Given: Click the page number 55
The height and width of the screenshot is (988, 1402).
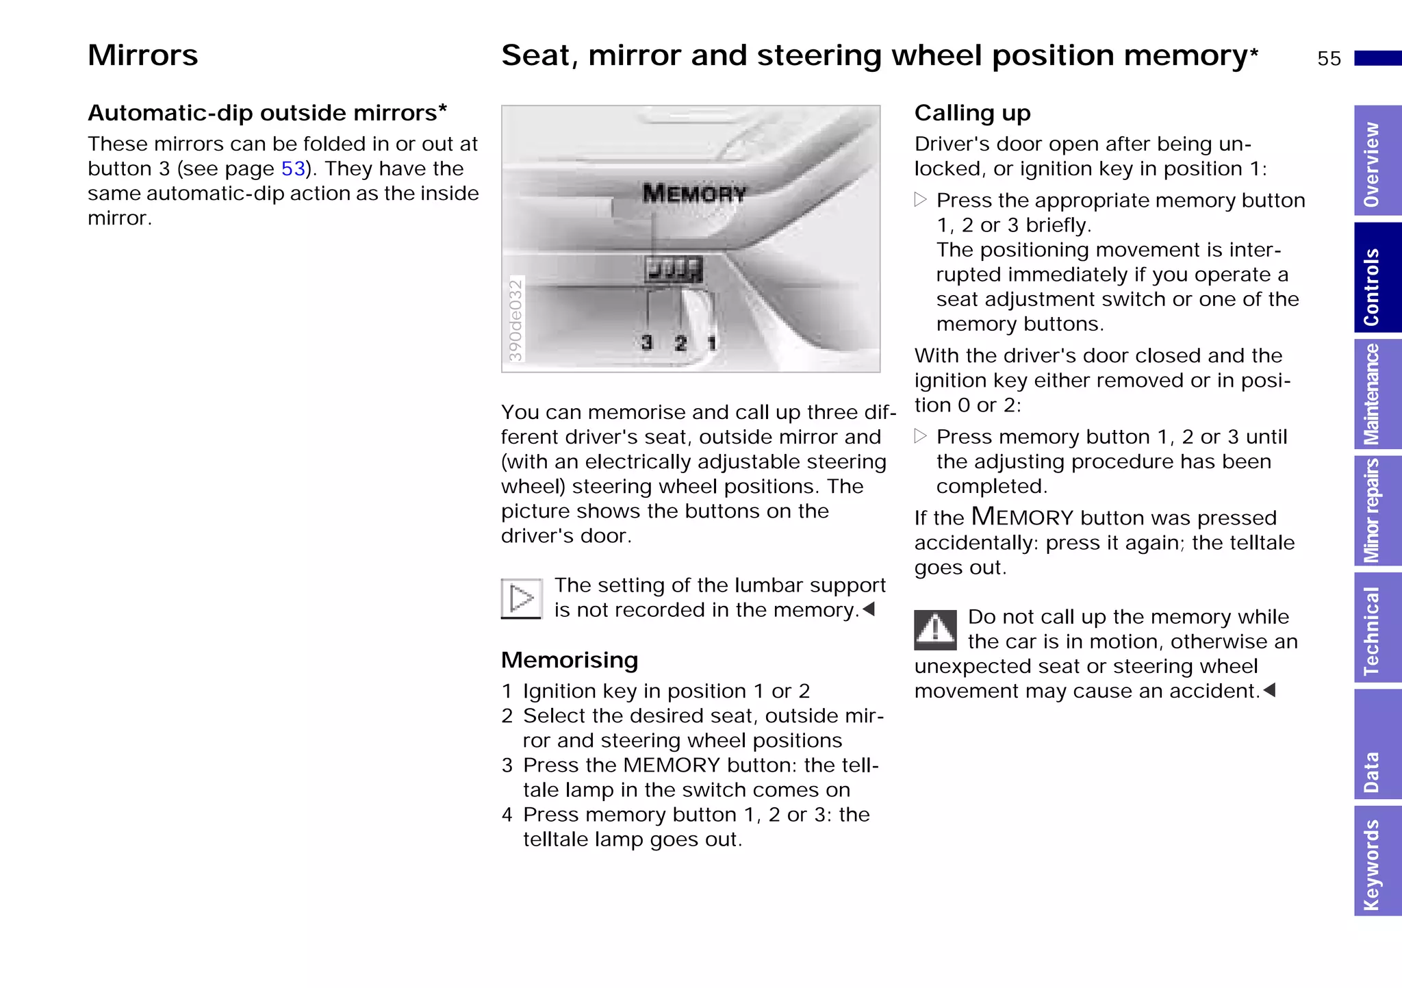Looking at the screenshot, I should (1328, 58).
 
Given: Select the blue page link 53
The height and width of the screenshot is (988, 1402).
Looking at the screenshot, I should (293, 168).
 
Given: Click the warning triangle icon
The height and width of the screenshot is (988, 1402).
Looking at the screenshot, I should (935, 629).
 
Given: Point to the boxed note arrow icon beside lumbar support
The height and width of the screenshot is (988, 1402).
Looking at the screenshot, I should (522, 598).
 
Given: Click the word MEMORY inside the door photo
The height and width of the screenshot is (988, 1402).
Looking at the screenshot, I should (693, 194).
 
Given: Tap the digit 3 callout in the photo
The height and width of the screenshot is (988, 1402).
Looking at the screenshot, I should (647, 342).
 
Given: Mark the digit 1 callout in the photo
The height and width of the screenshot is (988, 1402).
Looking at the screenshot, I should (712, 343).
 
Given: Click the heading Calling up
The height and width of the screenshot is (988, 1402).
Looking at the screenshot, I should (972, 113).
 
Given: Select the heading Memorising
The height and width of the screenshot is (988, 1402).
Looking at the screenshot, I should (569, 660).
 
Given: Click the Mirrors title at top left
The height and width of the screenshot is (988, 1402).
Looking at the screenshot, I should (142, 55).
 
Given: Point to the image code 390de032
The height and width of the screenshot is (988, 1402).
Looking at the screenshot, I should (515, 320).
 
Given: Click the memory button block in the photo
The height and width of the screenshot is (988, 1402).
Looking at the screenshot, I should (674, 269).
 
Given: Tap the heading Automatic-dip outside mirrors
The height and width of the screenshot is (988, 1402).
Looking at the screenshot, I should (267, 113).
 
